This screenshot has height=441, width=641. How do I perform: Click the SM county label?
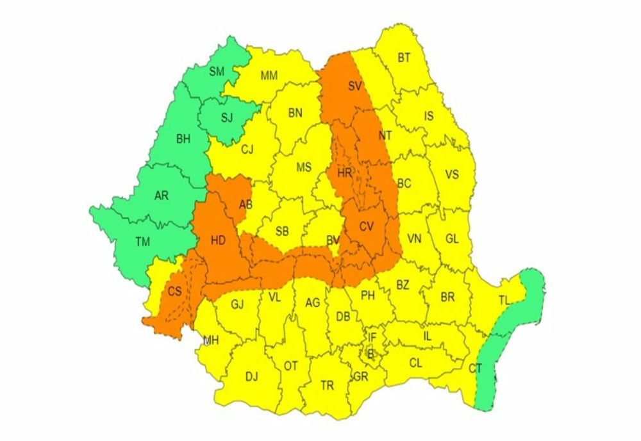tap(217, 71)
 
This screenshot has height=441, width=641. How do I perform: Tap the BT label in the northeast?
tap(404, 58)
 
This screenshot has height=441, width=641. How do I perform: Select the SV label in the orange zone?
tap(355, 87)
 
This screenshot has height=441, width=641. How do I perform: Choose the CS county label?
tap(175, 291)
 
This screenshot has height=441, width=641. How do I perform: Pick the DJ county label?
tap(251, 376)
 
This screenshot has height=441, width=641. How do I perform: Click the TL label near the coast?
tap(506, 301)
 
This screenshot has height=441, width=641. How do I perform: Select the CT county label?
tap(475, 368)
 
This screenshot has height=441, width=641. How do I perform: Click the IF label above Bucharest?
tap(372, 337)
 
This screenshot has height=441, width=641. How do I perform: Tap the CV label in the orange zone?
tap(366, 226)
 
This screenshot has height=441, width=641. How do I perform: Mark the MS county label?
tap(304, 167)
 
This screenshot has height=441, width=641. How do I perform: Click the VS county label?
tap(452, 174)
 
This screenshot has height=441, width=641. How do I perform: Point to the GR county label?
tap(360, 377)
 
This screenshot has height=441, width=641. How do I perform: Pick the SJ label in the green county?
tap(227, 117)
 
